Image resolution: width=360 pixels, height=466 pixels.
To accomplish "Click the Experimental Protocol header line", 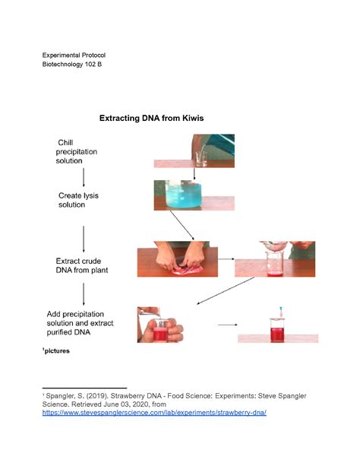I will coord(74,55).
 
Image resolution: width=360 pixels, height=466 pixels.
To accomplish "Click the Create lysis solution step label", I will coord(79,200).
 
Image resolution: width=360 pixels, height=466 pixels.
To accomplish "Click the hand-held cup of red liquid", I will coord(163,325).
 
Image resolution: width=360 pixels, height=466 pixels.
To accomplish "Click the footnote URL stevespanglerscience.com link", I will coord(154,413).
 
